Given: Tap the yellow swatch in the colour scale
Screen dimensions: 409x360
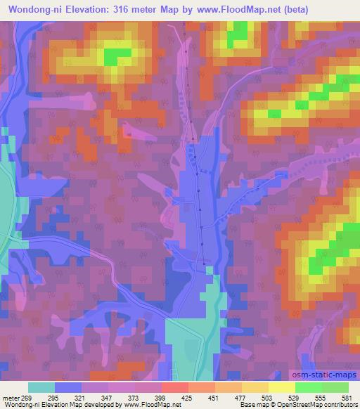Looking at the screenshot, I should pos(281,387).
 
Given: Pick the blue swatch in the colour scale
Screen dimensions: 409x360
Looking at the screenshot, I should pos(68,387).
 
